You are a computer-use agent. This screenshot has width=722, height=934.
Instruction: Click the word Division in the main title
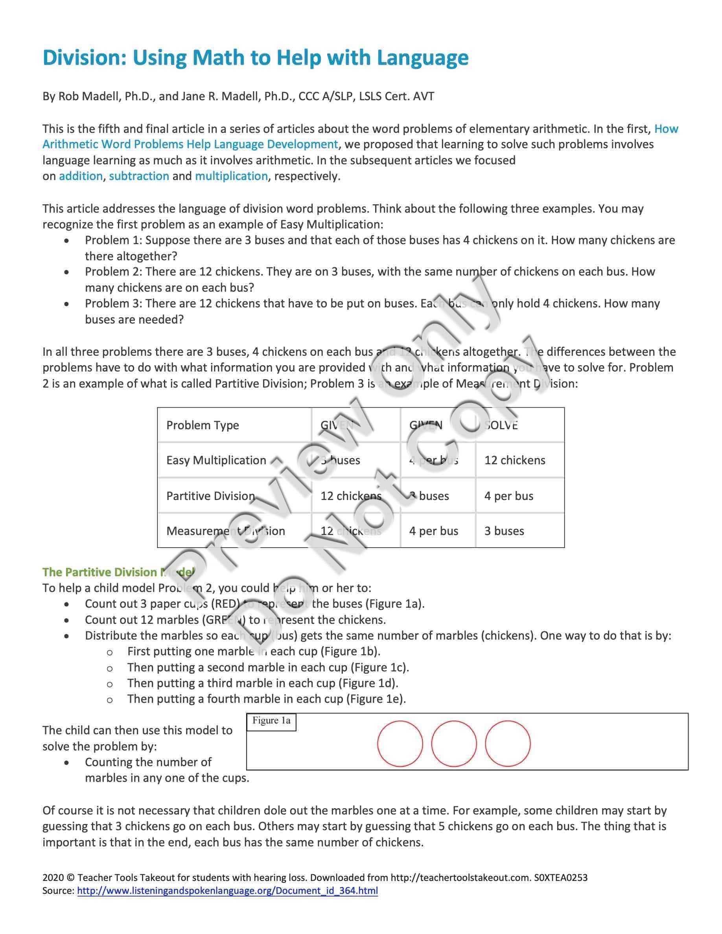point(84,58)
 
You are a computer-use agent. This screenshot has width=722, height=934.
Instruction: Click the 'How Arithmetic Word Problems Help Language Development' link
point(190,145)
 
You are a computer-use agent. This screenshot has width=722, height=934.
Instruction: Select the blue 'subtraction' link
point(139,176)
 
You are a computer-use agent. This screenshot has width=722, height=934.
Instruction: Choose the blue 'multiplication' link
point(231,176)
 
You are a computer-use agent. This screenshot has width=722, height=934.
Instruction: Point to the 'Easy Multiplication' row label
point(216,460)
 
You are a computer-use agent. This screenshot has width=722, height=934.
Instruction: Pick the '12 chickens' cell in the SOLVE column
point(514,460)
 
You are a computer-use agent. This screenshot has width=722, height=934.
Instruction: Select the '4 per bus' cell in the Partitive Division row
point(508,496)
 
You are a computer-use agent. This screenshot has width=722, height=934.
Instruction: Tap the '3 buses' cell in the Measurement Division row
point(504,531)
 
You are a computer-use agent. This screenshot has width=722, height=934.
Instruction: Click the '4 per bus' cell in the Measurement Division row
point(433,531)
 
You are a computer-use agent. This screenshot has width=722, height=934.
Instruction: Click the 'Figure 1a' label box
point(271,721)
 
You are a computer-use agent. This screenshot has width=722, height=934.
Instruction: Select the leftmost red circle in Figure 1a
point(400,744)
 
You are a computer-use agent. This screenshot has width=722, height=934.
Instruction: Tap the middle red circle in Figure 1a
point(454,744)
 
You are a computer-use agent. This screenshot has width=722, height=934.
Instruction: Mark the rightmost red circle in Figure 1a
point(508,744)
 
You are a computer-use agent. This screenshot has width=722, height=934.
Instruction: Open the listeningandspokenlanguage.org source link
point(227,891)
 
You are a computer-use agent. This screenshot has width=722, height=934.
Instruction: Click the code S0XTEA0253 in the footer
point(561,877)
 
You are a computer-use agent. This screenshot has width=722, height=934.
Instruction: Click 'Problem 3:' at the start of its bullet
point(113,303)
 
